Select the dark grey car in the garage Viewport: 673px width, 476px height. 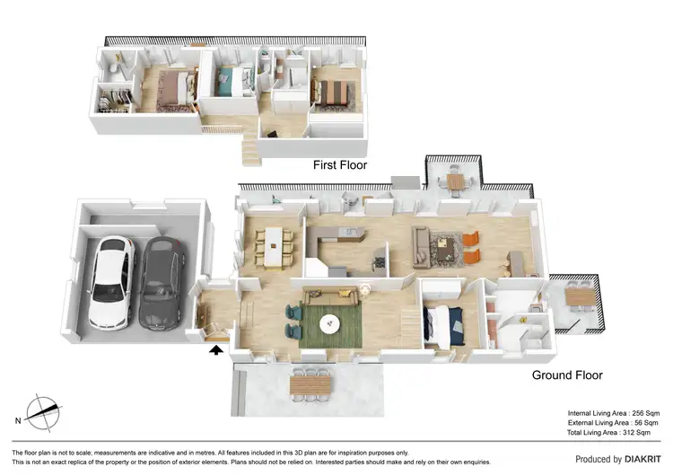[x=158, y=283]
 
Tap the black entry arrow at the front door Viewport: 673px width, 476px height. [x=215, y=351]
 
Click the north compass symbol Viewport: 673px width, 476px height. [x=43, y=412]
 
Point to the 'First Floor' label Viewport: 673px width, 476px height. [x=339, y=165]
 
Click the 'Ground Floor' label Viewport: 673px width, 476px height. [x=567, y=375]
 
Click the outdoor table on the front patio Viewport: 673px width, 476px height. [x=310, y=384]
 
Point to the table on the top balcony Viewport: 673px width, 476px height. [x=457, y=182]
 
